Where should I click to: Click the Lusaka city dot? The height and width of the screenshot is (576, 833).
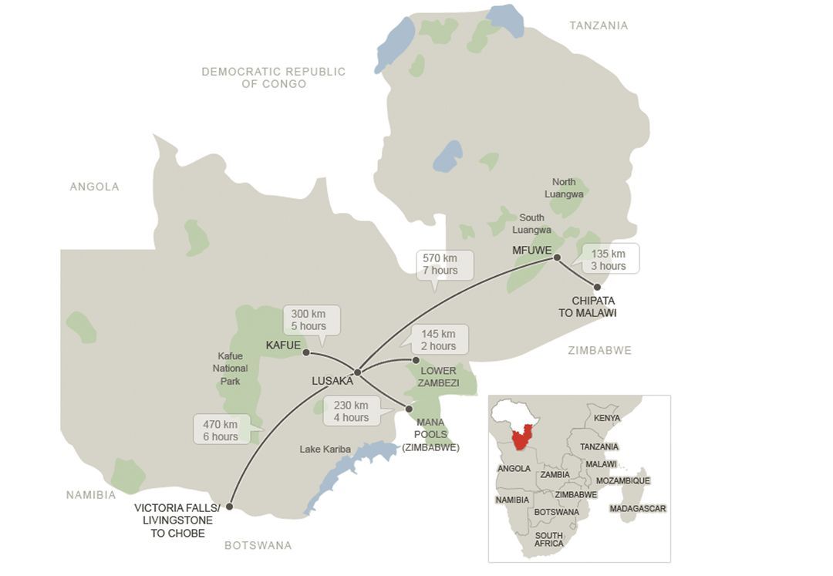(x=357, y=372)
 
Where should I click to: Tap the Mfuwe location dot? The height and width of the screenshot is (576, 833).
(x=557, y=258)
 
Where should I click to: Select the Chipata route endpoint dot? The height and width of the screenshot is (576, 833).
(x=597, y=287)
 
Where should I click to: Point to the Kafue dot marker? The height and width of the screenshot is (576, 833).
(x=306, y=352)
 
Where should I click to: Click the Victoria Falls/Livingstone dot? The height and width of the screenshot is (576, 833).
(x=229, y=507)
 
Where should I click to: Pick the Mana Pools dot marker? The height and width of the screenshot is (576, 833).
(x=409, y=408)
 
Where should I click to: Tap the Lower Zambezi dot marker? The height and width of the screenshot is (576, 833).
(x=416, y=360)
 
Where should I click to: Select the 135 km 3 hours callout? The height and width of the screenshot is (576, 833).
(x=609, y=260)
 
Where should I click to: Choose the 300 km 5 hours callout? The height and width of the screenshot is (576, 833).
(x=309, y=320)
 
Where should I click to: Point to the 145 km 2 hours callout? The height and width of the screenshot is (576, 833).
(x=438, y=339)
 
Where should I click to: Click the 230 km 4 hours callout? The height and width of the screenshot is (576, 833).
(x=351, y=411)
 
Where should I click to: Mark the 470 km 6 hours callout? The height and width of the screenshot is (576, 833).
(x=221, y=430)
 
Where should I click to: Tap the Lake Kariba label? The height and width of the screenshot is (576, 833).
(x=325, y=449)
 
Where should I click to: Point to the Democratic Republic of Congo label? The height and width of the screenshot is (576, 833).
(x=274, y=77)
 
